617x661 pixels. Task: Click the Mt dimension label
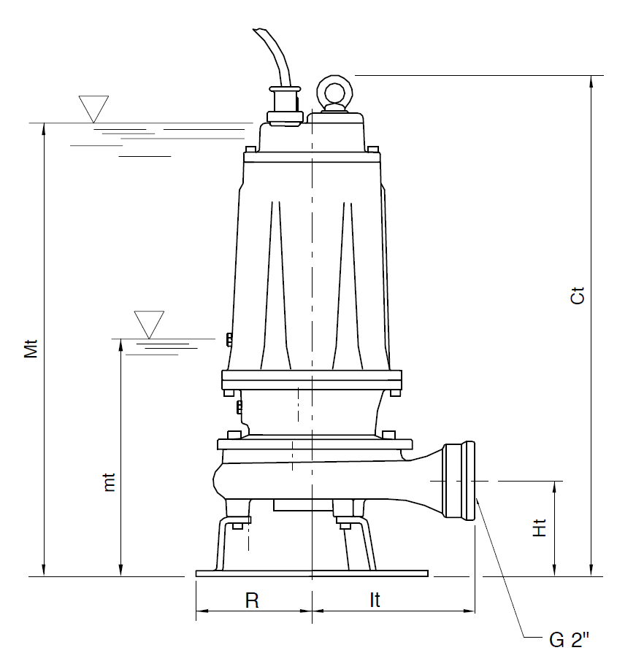pos(31,349)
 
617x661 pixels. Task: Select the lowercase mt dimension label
pos(109,482)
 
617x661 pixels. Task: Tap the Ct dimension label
pos(578,295)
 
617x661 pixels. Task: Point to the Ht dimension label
pos(540,527)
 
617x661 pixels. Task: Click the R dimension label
pos(252,600)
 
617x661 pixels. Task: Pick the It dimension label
pos(375,600)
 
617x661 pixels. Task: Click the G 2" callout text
pos(569,640)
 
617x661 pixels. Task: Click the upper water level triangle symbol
pos(93,109)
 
